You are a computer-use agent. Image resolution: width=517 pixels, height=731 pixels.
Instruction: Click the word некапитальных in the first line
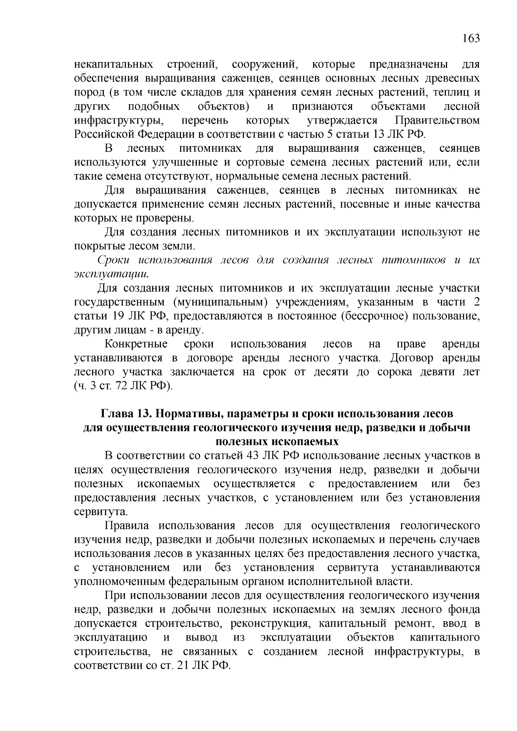(114, 65)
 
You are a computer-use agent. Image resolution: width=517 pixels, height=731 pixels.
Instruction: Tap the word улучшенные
(189, 162)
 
